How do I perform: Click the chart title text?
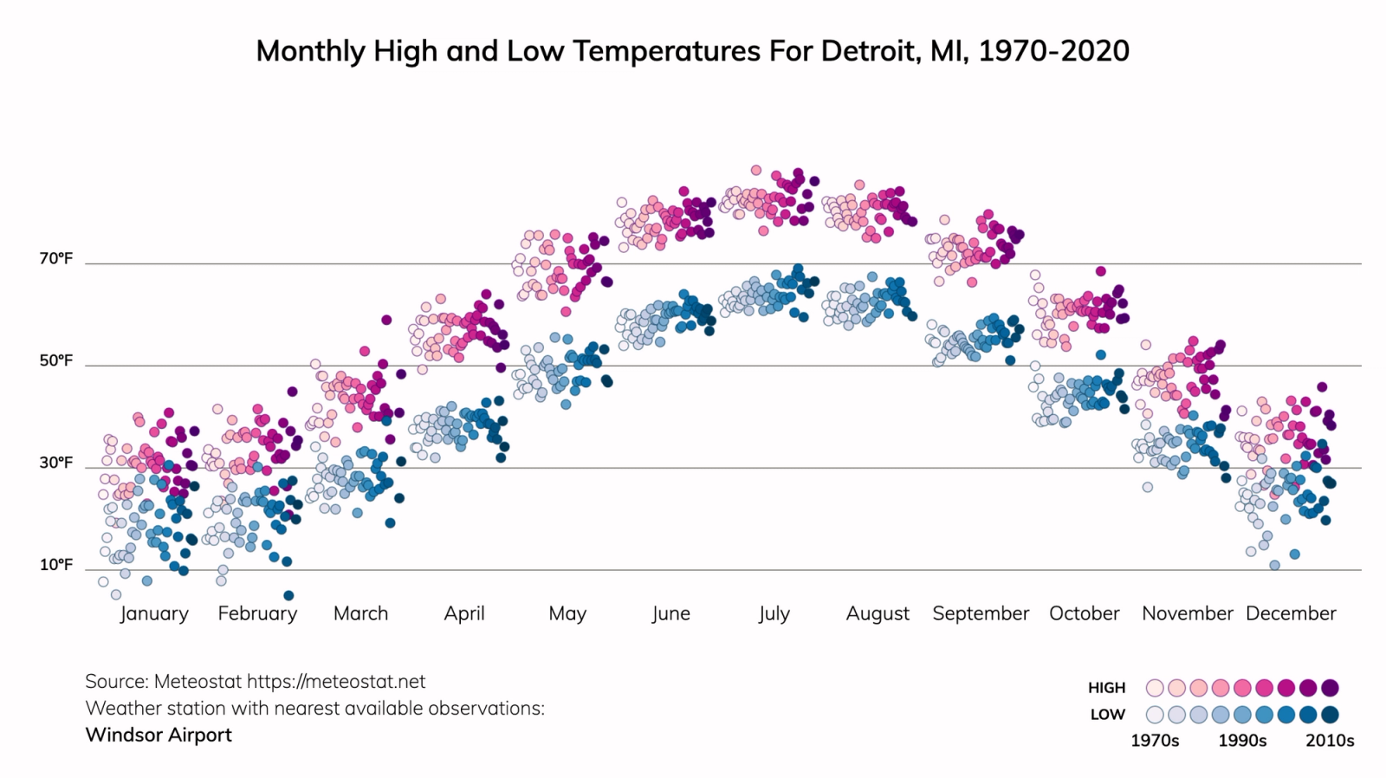point(692,51)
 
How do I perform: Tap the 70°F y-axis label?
point(56,259)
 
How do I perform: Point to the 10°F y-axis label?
point(56,566)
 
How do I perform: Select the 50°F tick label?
point(56,361)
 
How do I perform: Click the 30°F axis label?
point(56,464)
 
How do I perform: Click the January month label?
point(154,613)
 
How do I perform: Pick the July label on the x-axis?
point(774,613)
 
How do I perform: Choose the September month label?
point(981,613)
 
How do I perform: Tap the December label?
point(1291,613)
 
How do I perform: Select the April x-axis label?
point(464,613)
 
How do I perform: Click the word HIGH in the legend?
point(1106,688)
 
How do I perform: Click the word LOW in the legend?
point(1107,715)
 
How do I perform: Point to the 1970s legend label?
point(1155,741)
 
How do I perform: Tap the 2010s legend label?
point(1330,741)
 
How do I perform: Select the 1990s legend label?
point(1242,741)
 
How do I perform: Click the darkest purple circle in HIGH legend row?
point(1331,688)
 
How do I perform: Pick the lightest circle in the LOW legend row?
point(1155,715)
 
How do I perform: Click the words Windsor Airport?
point(159,735)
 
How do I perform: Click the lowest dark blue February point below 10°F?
point(288,595)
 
